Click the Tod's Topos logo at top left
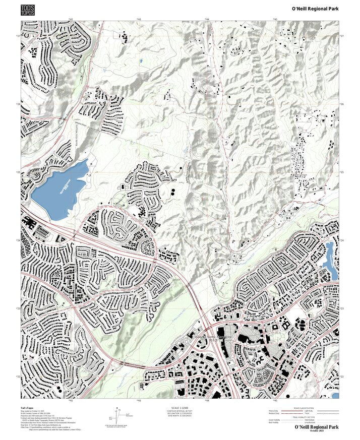(28, 10)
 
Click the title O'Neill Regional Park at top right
(315, 9)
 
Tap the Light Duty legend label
(308, 411)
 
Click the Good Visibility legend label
(274, 420)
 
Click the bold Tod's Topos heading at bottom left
(27, 407)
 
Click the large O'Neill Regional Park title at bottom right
(317, 427)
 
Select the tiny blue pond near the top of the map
(141, 61)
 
